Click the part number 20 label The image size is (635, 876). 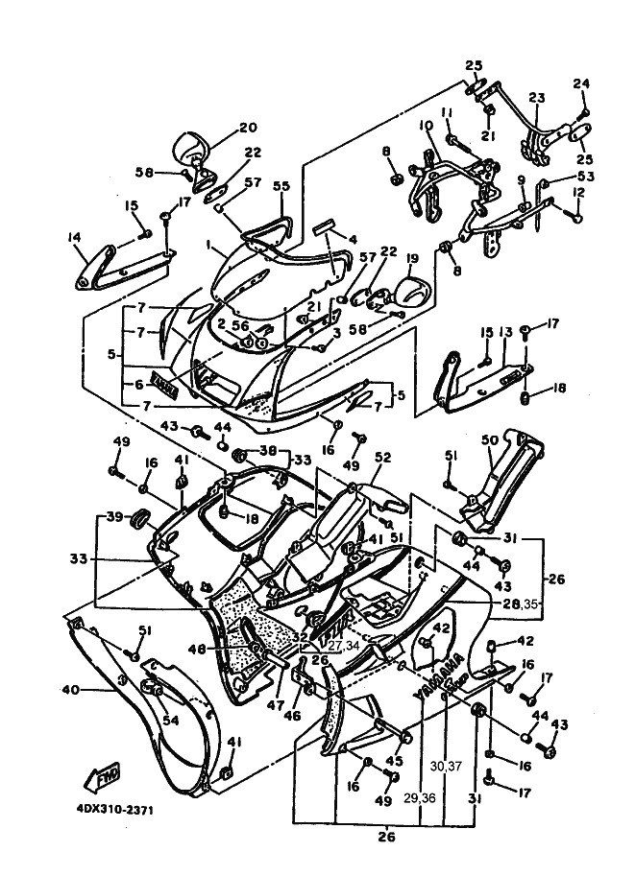point(248,128)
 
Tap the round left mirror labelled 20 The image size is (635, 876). point(186,149)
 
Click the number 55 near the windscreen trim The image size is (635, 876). point(281,187)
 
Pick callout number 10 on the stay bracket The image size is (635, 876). point(426,126)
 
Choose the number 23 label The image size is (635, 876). point(536,98)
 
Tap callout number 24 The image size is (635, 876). point(579,84)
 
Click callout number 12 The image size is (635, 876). point(578,192)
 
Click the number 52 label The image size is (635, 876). point(382,459)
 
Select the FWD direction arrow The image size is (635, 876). point(105,776)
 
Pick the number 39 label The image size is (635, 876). point(114,517)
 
